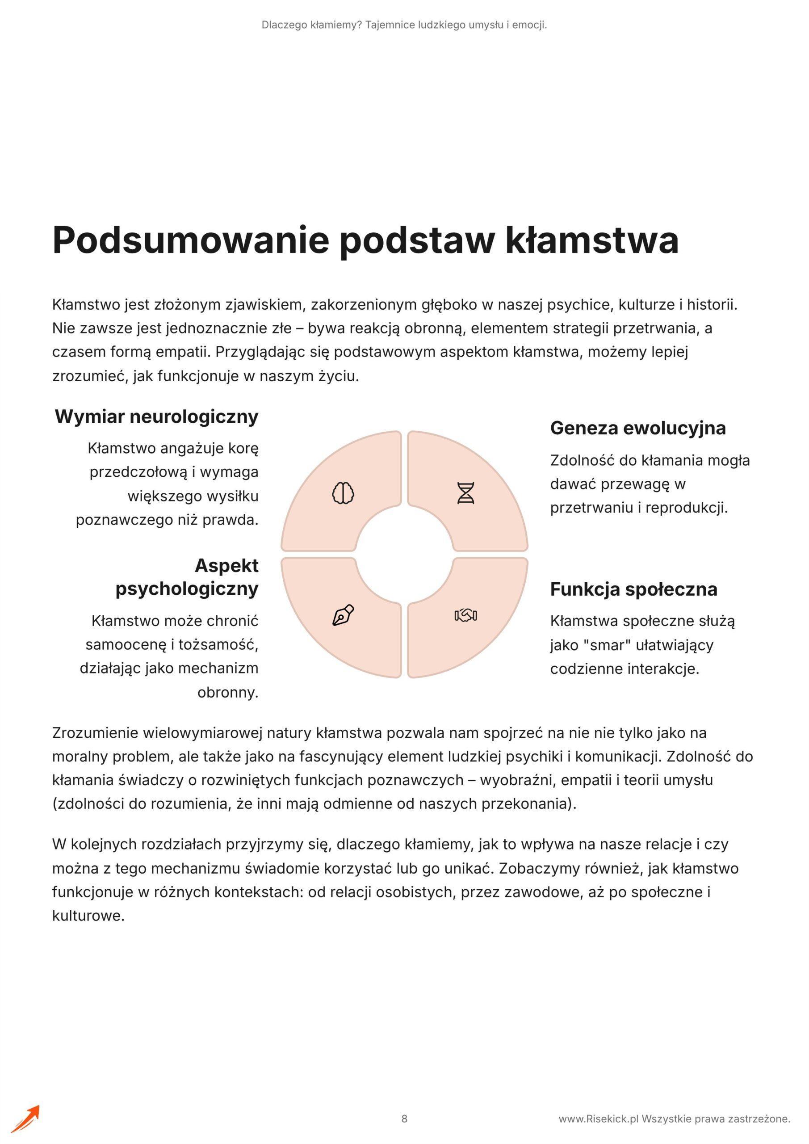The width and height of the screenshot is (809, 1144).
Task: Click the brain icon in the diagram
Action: point(343,493)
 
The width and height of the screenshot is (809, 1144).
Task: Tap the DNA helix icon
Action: point(466,493)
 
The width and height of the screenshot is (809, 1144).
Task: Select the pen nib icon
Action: point(343,615)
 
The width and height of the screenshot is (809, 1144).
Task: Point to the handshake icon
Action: point(466,616)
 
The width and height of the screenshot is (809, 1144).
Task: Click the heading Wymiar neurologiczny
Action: point(156,416)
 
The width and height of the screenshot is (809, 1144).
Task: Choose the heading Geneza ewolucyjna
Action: point(637,428)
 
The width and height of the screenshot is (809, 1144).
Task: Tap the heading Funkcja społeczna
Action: point(633,589)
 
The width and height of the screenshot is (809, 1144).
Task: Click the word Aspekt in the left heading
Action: point(226,566)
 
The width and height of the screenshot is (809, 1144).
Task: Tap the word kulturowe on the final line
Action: point(87,916)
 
